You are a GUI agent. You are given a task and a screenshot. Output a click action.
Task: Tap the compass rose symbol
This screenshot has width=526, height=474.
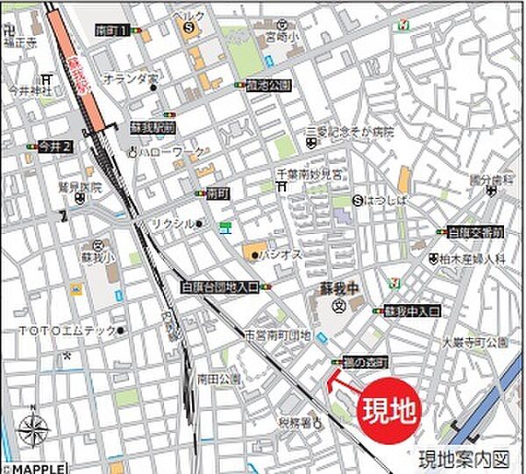(33, 429)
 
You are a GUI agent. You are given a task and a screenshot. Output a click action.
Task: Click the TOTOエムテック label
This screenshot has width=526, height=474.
(66, 330)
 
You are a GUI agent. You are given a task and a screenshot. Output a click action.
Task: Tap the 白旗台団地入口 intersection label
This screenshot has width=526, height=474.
(220, 287)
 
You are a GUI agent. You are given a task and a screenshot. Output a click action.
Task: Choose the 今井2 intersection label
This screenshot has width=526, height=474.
(55, 145)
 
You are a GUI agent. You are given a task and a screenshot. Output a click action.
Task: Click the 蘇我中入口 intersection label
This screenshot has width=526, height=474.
(412, 311)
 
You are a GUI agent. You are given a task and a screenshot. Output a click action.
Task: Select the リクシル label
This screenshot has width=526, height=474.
(171, 224)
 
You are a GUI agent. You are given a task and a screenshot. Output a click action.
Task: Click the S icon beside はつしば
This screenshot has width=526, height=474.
(357, 201)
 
